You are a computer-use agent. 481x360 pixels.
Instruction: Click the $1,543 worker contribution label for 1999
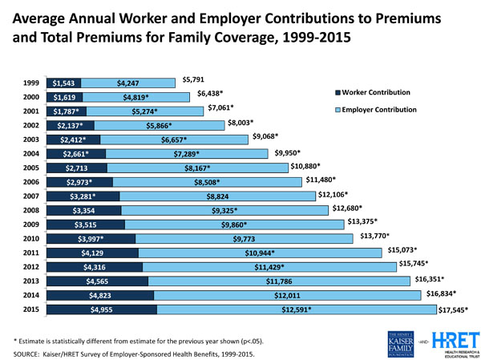[62, 83]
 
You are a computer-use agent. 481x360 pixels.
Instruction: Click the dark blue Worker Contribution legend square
[338, 95]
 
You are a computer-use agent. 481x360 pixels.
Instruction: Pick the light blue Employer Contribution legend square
[338, 110]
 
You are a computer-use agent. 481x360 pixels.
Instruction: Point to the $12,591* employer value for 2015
[296, 309]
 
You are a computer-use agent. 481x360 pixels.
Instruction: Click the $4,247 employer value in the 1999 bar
[129, 83]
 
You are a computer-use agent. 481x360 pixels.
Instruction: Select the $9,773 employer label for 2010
[245, 239]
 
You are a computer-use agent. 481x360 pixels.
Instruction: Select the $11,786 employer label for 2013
[282, 281]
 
